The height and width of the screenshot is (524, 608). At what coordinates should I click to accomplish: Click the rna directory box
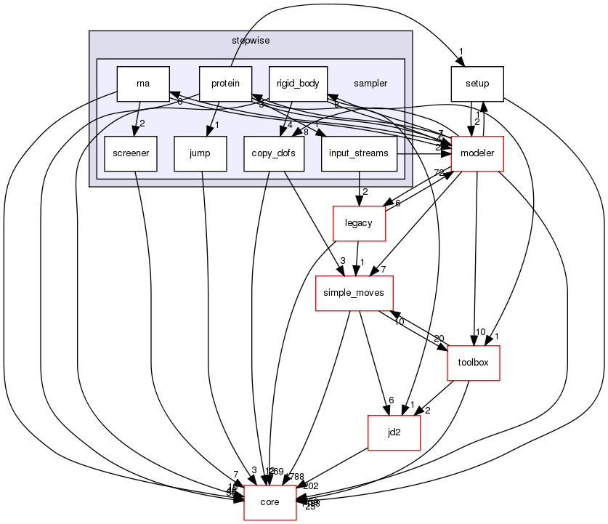pyautogui.click(x=143, y=84)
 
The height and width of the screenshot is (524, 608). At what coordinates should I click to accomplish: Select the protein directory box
pyautogui.click(x=225, y=84)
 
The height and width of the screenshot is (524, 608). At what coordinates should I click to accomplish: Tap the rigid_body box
pyautogui.click(x=298, y=84)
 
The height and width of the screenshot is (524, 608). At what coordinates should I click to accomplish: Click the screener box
pyautogui.click(x=131, y=153)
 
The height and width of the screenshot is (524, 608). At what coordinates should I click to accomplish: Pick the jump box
pyautogui.click(x=199, y=153)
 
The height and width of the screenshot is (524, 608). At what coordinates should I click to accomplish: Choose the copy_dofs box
pyautogui.click(x=273, y=153)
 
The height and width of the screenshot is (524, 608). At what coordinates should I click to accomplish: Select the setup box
pyautogui.click(x=477, y=84)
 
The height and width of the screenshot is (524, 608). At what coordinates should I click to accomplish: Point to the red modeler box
pyautogui.click(x=477, y=153)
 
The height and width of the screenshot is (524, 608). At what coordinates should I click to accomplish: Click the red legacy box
pyautogui.click(x=359, y=223)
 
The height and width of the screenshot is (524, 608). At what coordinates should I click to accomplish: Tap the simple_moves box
pyautogui.click(x=354, y=293)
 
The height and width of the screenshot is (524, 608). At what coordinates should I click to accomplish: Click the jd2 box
pyautogui.click(x=394, y=432)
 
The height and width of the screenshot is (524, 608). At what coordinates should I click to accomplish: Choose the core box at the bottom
pyautogui.click(x=269, y=502)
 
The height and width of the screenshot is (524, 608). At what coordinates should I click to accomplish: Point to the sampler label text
pyautogui.click(x=370, y=84)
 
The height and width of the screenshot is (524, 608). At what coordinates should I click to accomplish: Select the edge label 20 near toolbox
pyautogui.click(x=439, y=339)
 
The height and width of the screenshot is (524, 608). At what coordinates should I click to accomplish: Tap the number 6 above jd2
pyautogui.click(x=391, y=400)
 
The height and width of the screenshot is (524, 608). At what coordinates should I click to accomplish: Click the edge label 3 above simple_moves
pyautogui.click(x=342, y=260)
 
